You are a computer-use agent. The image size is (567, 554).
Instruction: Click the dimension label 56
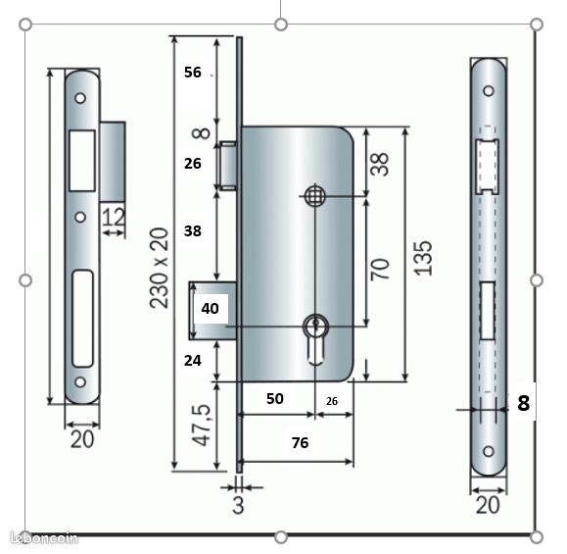pyautogui.click(x=192, y=72)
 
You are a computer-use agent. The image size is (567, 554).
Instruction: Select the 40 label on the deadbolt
pyautogui.click(x=210, y=308)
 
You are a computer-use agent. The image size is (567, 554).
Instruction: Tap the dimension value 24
pyautogui.click(x=193, y=360)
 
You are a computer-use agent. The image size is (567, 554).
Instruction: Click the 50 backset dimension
pyautogui.click(x=274, y=399)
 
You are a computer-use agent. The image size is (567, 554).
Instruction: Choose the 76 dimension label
pyautogui.click(x=300, y=443)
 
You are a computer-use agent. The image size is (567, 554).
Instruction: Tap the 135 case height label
pyautogui.click(x=423, y=256)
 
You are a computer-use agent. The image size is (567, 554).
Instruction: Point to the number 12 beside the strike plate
pyautogui.click(x=115, y=216)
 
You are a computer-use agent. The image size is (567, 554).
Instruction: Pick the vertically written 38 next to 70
pyautogui.click(x=380, y=161)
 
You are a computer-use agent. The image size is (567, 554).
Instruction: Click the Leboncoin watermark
pyautogui.click(x=41, y=537)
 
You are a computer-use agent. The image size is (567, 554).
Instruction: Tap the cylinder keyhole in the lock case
pyautogui.click(x=315, y=328)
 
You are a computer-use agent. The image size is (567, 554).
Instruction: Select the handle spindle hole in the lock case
pyautogui.click(x=314, y=196)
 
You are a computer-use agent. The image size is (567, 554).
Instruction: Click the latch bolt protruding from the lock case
pyautogui.click(x=228, y=164)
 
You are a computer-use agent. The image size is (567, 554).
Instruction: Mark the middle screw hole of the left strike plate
pyautogui.click(x=81, y=217)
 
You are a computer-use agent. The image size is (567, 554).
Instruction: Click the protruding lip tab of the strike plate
pyautogui.click(x=113, y=157)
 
